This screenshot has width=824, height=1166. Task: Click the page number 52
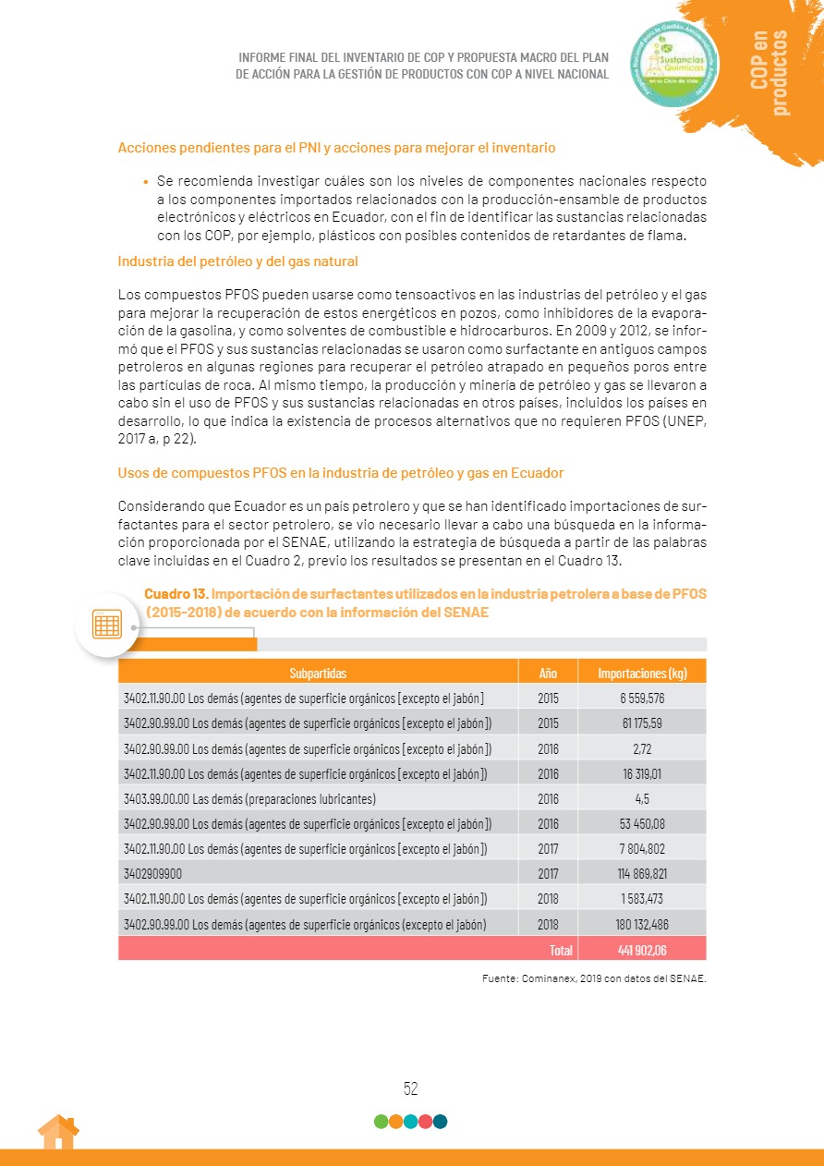pyautogui.click(x=411, y=1088)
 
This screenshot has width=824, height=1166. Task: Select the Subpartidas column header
pyautogui.click(x=318, y=673)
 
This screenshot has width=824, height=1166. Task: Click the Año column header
pyautogui.click(x=548, y=673)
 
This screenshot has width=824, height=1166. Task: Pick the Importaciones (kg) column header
pyautogui.click(x=642, y=673)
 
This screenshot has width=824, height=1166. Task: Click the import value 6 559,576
pyautogui.click(x=642, y=698)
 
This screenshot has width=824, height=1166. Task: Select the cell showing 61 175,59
pyautogui.click(x=642, y=723)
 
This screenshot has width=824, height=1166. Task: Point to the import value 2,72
pyautogui.click(x=642, y=747)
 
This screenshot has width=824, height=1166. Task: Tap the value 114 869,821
pyautogui.click(x=642, y=872)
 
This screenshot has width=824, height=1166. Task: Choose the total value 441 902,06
pyautogui.click(x=642, y=949)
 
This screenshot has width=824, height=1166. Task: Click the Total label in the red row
pyautogui.click(x=561, y=949)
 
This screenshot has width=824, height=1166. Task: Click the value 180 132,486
pyautogui.click(x=642, y=923)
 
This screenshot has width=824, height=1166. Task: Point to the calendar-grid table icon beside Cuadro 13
pyautogui.click(x=107, y=625)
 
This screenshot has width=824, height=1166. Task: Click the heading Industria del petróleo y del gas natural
pyautogui.click(x=237, y=261)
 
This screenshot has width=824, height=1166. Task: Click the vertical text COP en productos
pyautogui.click(x=770, y=72)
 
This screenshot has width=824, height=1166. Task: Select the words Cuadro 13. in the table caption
pyautogui.click(x=176, y=593)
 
